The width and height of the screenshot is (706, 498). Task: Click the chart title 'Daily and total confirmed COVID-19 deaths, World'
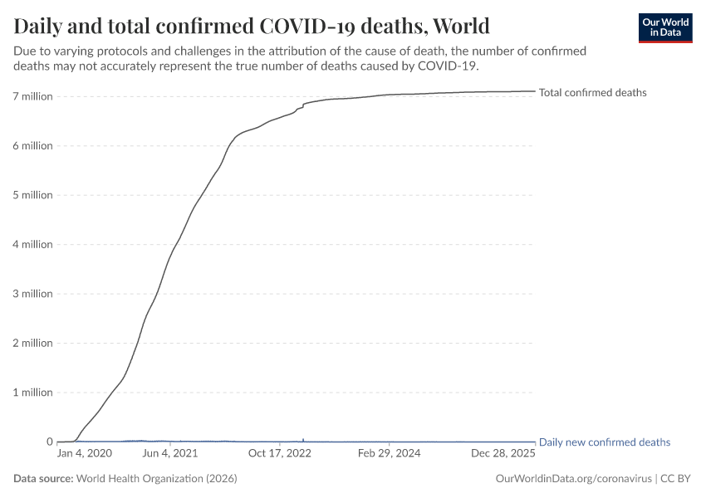(x=252, y=26)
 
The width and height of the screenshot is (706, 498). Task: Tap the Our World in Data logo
(x=665, y=27)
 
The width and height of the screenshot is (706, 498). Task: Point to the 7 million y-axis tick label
(x=32, y=97)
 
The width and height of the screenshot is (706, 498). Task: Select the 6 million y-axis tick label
(x=32, y=146)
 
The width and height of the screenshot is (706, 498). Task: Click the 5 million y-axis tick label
(x=32, y=196)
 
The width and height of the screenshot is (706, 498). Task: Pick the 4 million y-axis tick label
(x=32, y=245)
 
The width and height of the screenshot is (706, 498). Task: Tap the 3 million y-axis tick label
(x=32, y=294)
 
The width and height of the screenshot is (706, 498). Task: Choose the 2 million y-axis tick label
(x=32, y=344)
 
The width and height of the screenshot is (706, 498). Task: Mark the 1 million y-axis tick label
(x=32, y=393)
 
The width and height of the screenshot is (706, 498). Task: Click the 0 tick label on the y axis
(x=49, y=442)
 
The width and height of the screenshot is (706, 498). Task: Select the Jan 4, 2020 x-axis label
(x=84, y=454)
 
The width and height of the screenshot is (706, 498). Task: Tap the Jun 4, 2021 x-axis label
(x=170, y=454)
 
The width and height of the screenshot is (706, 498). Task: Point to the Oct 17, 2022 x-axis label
(x=279, y=454)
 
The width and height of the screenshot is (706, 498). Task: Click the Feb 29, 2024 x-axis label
(x=390, y=454)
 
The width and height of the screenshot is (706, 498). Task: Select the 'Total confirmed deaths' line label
(x=592, y=93)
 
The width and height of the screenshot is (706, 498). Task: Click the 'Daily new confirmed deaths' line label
(x=604, y=442)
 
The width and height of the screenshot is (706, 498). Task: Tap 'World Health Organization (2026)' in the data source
(x=157, y=479)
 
